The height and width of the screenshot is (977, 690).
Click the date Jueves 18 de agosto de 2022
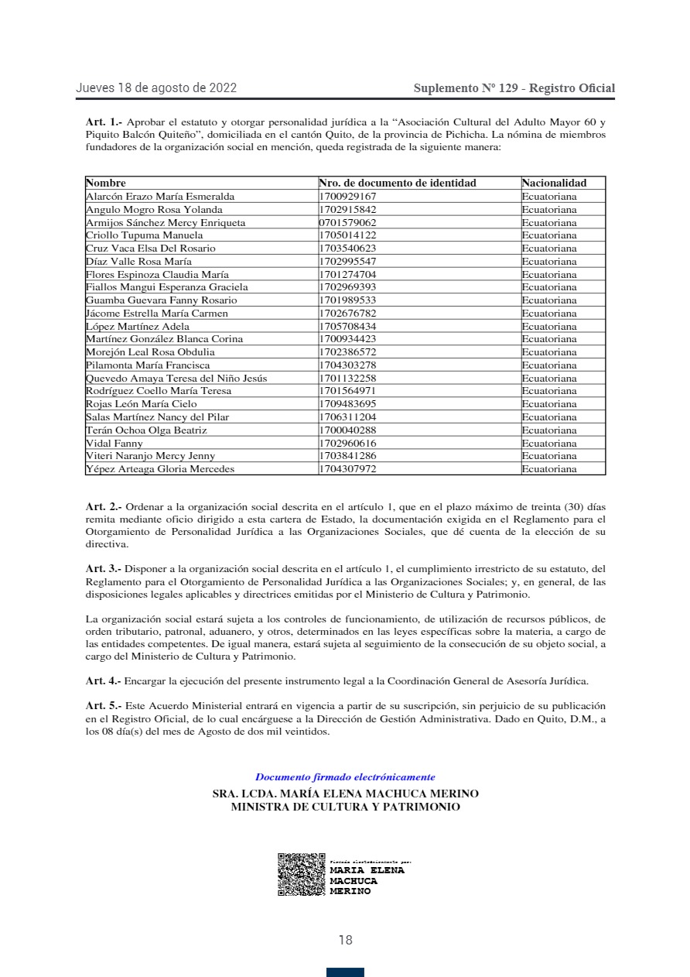coord(156,88)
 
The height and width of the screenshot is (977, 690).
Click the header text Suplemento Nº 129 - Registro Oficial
coord(514,88)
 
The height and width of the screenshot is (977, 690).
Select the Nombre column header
coord(106,183)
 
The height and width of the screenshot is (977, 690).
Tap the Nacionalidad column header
coord(554,183)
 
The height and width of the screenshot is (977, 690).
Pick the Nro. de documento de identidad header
coord(398,183)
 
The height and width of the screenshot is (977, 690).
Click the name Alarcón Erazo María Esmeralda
coord(160,197)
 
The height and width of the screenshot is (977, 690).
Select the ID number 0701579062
coord(347,223)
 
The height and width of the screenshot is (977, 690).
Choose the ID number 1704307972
coord(347,469)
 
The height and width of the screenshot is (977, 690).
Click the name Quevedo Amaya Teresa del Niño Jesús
coord(176,379)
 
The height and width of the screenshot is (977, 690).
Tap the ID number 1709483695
coord(347,404)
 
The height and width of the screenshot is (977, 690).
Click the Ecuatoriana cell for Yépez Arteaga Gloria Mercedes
coord(549,469)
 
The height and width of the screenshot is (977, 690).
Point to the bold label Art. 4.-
coord(104,681)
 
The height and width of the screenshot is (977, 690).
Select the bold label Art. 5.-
coord(104,707)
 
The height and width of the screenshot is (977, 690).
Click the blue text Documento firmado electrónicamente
coord(345,777)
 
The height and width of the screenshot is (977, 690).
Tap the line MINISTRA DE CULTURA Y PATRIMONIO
coord(345,807)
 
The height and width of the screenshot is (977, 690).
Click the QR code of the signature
coord(301,875)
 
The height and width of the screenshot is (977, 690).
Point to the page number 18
coord(345,941)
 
